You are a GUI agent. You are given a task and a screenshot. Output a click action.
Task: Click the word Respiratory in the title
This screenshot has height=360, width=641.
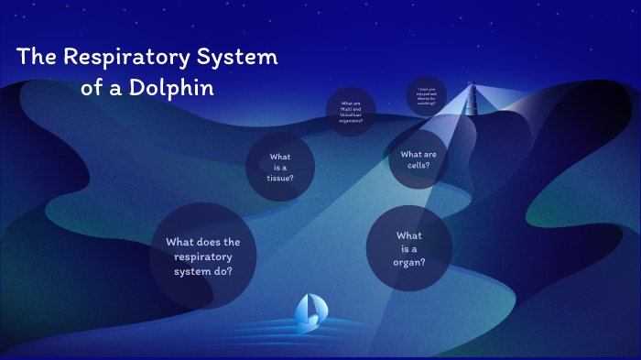[129, 58]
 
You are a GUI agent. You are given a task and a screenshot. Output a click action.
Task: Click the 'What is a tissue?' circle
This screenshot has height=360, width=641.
[280, 167]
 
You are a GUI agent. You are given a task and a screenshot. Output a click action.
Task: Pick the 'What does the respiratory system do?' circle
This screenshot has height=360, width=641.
[203, 256]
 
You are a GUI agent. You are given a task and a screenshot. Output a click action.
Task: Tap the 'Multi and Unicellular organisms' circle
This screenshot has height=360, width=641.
[351, 112]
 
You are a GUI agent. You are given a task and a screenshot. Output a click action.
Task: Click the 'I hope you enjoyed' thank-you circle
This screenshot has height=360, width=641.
[427, 94]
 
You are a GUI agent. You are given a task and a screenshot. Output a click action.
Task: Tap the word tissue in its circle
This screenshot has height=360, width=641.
[280, 178]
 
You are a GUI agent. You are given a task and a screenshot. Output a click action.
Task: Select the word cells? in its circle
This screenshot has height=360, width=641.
[418, 166]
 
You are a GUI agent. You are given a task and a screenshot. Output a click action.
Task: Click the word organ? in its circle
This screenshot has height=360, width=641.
[408, 261]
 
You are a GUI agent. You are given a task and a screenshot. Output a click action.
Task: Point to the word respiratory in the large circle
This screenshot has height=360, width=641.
[202, 257]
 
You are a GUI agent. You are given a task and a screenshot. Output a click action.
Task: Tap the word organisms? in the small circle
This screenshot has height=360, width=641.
[351, 120]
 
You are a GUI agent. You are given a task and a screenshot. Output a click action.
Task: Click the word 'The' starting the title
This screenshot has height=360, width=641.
[36, 58]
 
